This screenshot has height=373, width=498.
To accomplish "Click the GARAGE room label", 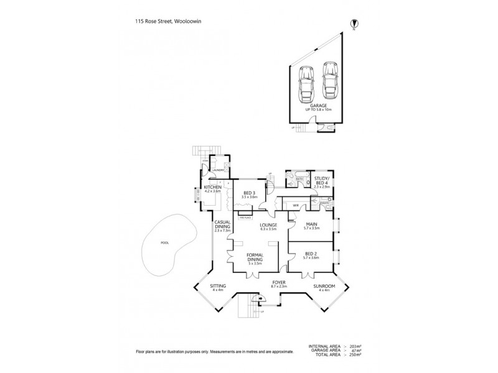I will click(319, 106).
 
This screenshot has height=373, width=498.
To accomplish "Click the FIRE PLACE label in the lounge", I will click(244, 218).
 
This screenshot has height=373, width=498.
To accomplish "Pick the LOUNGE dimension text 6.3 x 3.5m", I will click(260, 229).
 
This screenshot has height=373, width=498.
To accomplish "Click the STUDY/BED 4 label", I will click(322, 179).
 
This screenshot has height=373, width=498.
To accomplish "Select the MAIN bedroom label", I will click(311, 224).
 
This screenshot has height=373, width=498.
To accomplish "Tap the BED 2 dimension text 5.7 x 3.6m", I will click(311, 257).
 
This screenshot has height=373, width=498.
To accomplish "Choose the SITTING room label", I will click(218, 286).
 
